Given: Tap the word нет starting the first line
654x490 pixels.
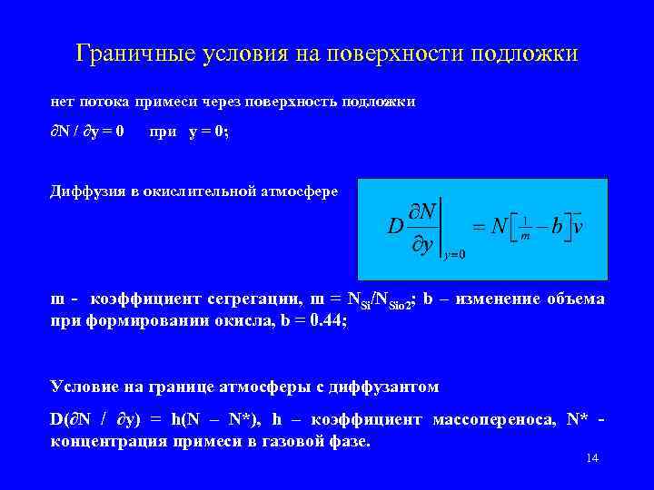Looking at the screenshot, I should pos(62,102).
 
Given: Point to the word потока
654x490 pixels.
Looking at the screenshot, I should pos(104,102).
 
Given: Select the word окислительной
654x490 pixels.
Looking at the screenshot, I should pos(205,191).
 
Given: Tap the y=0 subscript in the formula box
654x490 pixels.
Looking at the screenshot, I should pos(453,254).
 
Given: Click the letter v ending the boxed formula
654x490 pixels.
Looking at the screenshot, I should pos(577,225).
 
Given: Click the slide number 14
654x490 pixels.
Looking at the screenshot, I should pos(592,459).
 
